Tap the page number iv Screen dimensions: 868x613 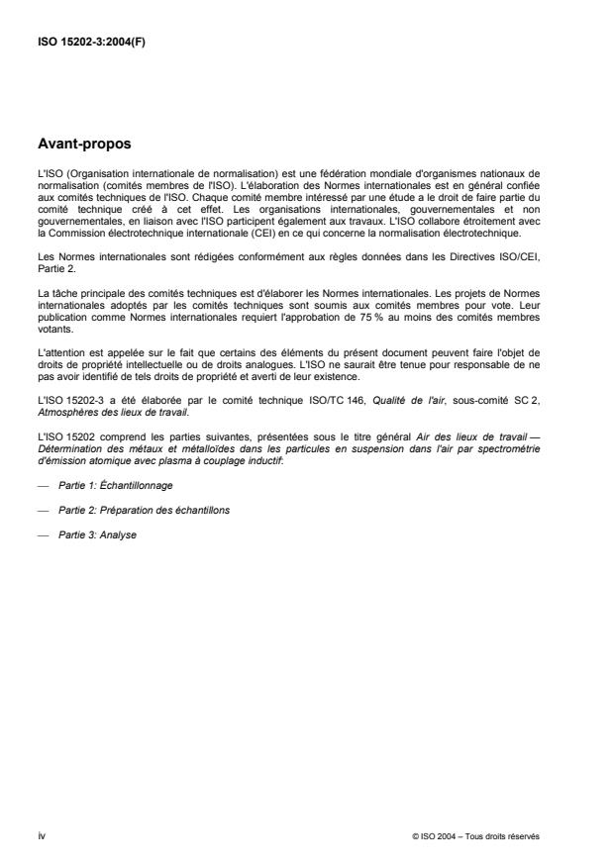point(41,836)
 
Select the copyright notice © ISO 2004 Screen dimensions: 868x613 point(476,836)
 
